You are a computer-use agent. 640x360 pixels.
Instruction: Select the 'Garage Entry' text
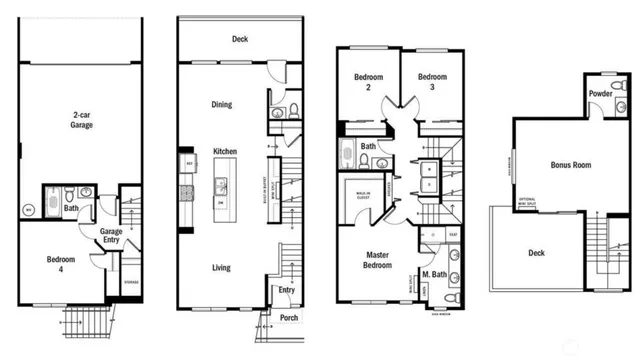click(110, 236)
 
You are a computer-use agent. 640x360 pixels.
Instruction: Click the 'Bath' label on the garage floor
click(72, 209)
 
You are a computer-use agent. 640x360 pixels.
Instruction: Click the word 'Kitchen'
click(224, 151)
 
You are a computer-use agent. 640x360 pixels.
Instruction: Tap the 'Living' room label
click(222, 267)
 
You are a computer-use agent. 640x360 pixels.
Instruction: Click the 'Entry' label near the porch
click(287, 291)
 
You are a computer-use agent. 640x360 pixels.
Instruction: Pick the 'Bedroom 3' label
click(432, 81)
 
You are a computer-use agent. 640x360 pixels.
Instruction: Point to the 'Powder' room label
click(601, 95)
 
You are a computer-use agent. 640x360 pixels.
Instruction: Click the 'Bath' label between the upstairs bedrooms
click(368, 146)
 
